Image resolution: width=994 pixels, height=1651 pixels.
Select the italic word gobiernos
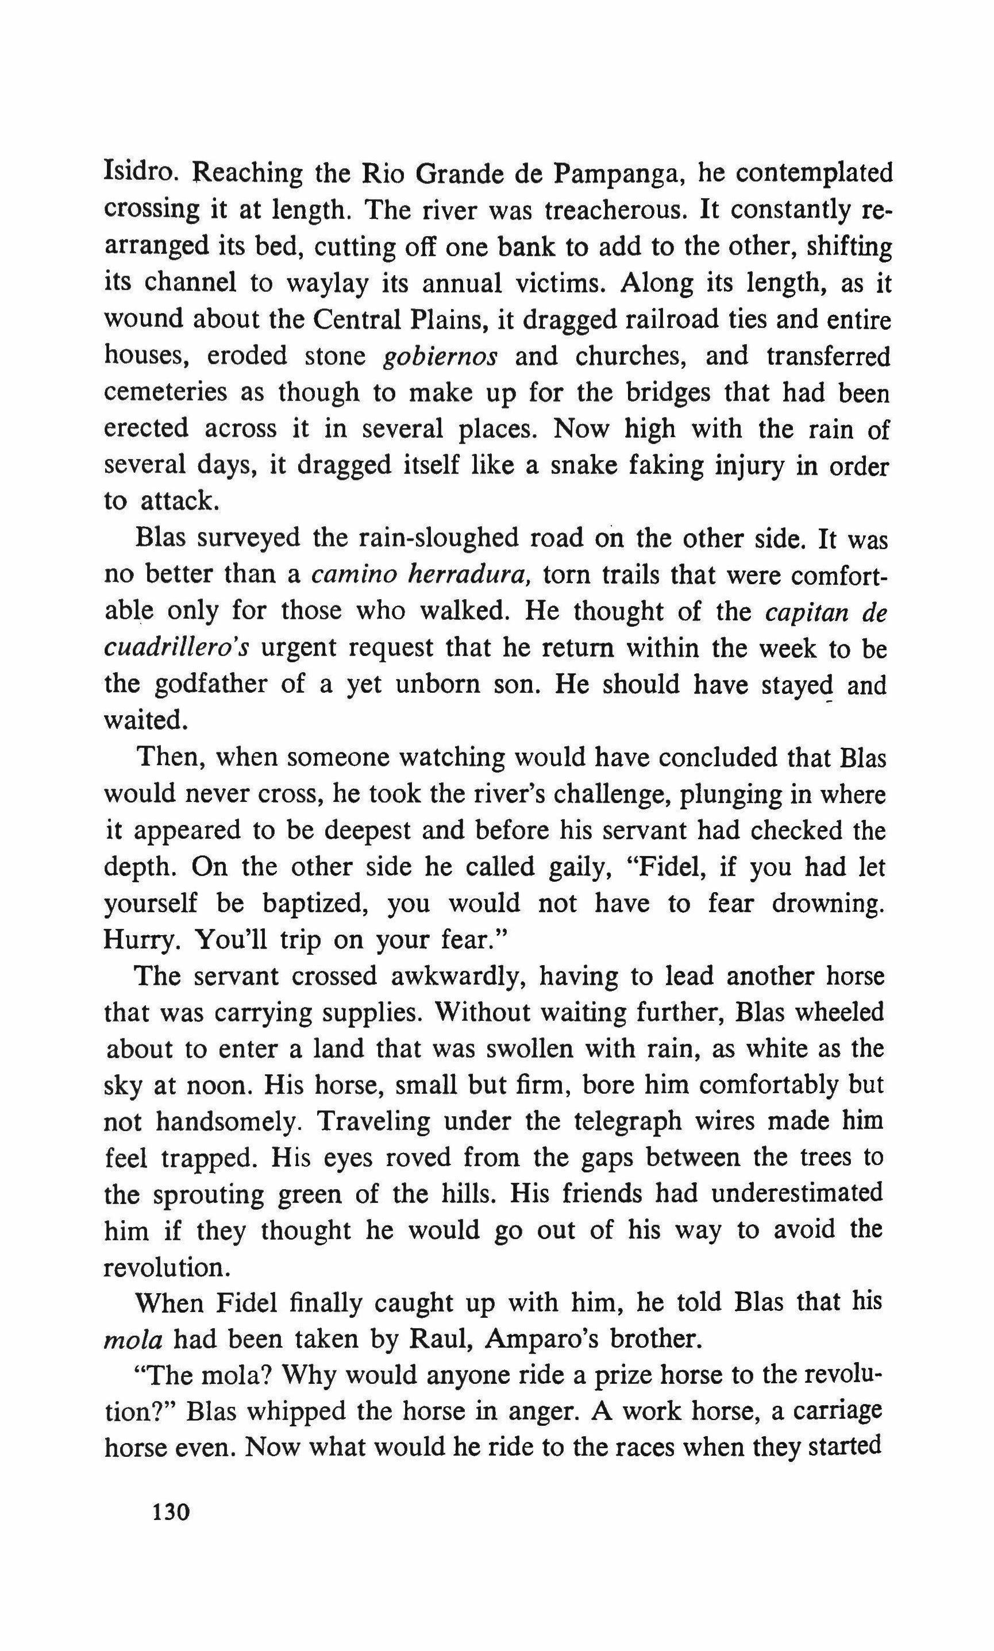440,356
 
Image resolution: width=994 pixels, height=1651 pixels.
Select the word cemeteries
165,392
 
